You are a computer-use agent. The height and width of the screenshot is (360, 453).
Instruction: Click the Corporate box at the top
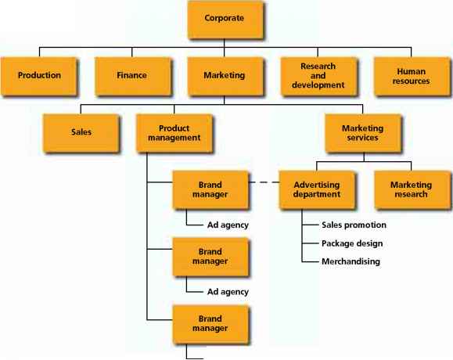tap(224, 19)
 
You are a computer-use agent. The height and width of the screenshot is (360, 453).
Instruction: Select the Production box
tap(40, 76)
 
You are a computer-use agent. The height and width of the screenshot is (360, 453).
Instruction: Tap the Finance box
tap(132, 76)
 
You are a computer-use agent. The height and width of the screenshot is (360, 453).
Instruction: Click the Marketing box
tap(224, 76)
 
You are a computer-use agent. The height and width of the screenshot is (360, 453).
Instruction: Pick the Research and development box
tap(316, 76)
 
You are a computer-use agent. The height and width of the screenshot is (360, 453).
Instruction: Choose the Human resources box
tap(412, 76)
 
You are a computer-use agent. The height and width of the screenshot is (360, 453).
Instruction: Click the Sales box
tap(81, 132)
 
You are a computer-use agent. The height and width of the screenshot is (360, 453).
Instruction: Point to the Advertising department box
tap(316, 189)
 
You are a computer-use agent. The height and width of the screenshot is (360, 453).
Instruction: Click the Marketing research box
tap(412, 189)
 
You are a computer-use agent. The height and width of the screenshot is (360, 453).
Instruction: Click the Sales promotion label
tap(354, 225)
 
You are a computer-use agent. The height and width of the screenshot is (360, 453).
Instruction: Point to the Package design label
tap(351, 243)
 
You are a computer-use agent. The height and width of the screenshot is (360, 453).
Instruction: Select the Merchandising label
tap(351, 261)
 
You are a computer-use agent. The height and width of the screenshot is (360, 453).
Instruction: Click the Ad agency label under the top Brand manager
tap(228, 225)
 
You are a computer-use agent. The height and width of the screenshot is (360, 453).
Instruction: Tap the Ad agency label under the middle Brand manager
tap(228, 291)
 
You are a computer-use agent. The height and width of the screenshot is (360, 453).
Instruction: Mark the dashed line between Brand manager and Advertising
tap(264, 184)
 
